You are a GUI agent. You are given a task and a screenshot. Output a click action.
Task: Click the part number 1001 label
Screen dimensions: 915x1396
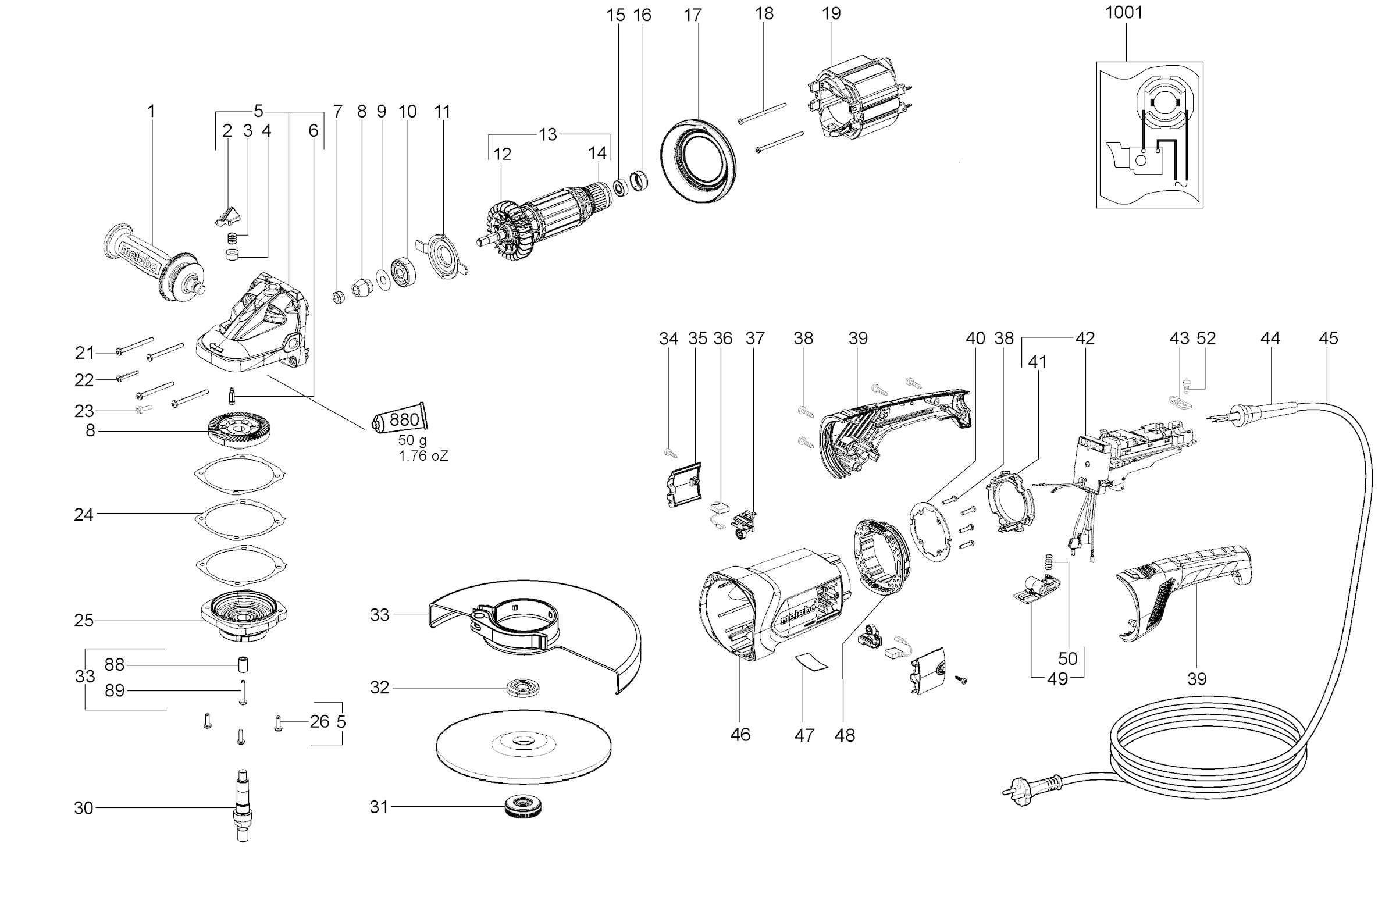(1124, 13)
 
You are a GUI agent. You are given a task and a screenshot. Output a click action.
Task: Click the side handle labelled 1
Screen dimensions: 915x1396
(154, 261)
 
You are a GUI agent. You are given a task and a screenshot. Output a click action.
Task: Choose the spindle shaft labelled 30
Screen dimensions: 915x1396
(242, 807)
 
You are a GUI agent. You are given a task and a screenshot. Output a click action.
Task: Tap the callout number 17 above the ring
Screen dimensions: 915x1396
(692, 15)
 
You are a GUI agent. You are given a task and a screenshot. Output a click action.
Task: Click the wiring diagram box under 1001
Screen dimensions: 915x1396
(1149, 134)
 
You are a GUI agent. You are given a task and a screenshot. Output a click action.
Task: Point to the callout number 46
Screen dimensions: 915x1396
(740, 734)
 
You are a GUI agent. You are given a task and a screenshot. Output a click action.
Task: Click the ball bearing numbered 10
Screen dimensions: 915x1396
(404, 272)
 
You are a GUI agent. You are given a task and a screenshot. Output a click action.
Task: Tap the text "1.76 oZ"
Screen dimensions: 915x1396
(423, 455)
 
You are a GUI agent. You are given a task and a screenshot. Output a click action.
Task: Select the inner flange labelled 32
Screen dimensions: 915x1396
(522, 688)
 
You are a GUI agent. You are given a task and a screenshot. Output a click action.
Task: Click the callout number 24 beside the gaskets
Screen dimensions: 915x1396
(84, 514)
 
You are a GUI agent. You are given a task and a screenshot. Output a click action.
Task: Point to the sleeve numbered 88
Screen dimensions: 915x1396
(242, 665)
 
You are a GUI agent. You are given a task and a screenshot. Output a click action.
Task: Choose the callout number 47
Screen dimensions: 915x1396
(804, 735)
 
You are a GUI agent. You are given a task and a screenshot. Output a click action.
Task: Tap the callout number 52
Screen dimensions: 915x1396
(1206, 339)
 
